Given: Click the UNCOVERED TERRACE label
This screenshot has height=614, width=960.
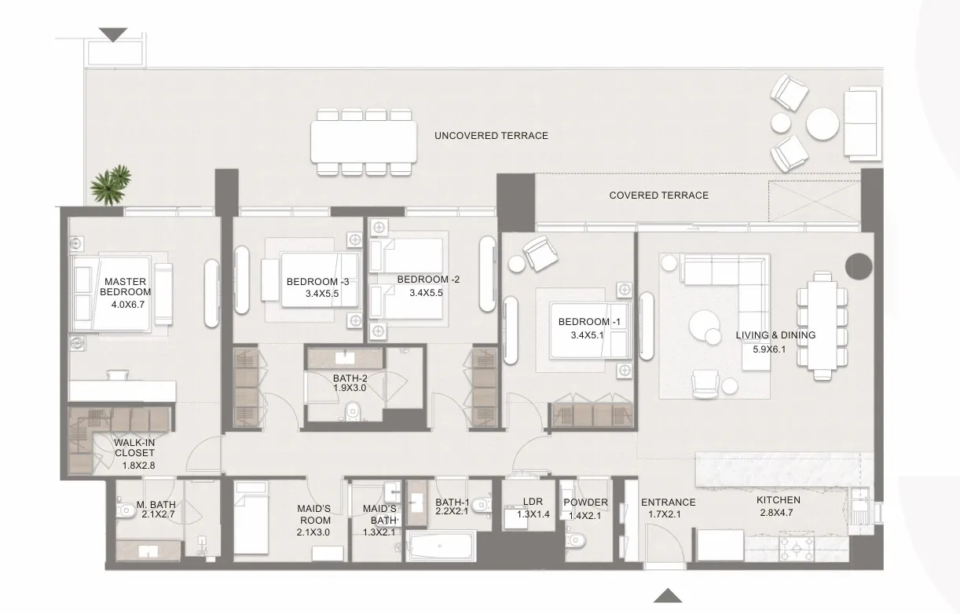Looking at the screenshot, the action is coord(491,136).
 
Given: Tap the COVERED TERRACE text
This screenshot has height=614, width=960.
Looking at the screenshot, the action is coord(658,196).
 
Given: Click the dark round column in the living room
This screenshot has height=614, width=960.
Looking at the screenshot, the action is coord(859,266).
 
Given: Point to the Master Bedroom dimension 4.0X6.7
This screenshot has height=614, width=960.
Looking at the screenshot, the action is coord(128,305).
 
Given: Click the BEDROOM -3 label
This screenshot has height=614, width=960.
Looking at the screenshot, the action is coord(317,282).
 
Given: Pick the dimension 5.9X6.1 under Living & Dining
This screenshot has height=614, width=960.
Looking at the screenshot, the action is coord(769,349).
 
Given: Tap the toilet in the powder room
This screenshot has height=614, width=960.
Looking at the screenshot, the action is coord(574,541).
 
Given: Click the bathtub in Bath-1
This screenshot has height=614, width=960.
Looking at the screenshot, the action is coord(441,546).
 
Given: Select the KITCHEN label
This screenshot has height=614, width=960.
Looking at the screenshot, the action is coord(779,500).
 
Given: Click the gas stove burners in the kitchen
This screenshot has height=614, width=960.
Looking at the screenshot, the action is coord(797,546).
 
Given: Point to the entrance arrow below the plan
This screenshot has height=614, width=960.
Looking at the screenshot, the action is coord(668,595).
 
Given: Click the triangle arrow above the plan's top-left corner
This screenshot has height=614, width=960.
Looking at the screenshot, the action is coord(113,35).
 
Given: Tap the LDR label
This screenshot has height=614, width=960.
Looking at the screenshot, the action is coord(533,501).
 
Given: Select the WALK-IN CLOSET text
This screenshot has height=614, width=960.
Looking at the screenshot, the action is coord(134,448).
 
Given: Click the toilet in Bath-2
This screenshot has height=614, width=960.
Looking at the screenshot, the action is coord(353,411).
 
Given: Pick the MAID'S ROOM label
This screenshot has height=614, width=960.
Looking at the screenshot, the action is coord(314,514).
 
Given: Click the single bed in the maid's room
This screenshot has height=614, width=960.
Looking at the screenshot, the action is coord(251,517).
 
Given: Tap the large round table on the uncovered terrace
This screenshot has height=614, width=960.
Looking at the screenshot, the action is coord(822,123).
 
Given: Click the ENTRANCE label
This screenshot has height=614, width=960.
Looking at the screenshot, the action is coord(668,503).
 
